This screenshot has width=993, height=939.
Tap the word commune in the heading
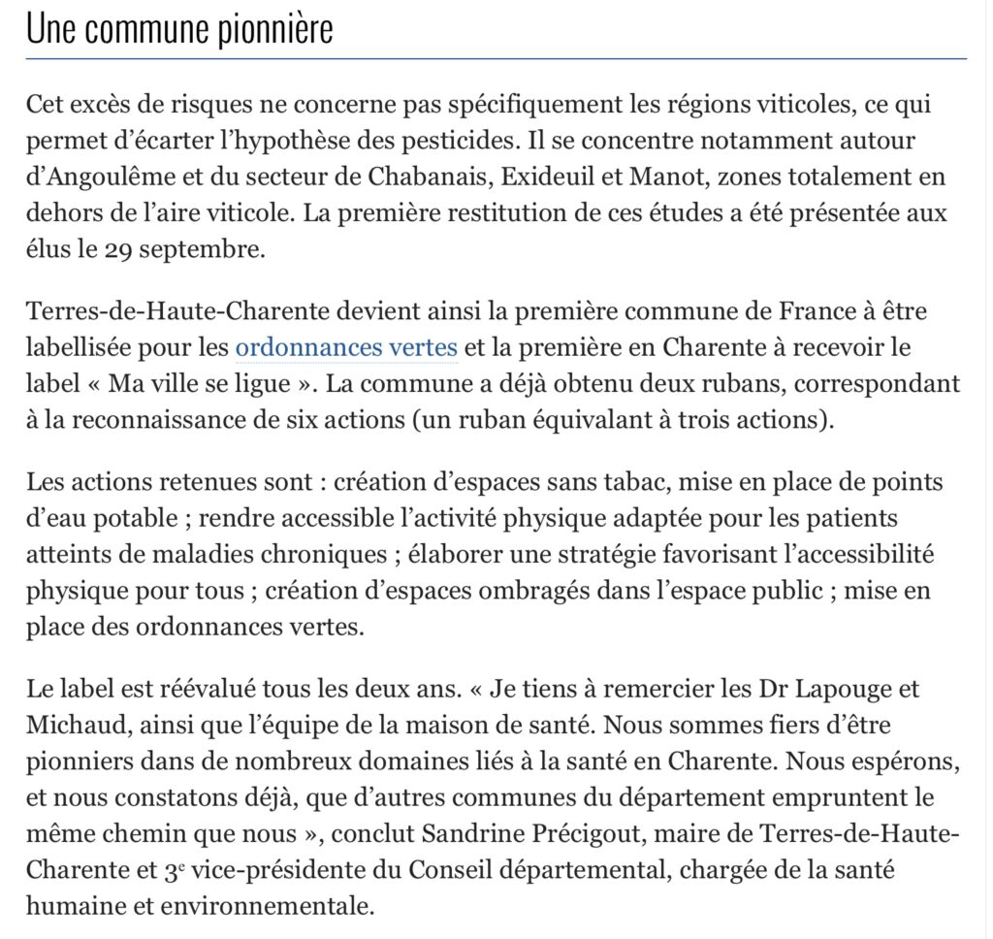tap(137, 31)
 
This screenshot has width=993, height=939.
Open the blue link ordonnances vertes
tap(346, 346)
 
